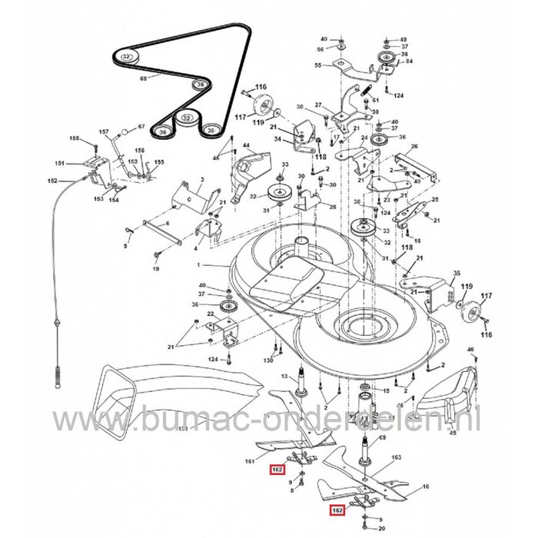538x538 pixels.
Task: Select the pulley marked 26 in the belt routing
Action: point(199,83)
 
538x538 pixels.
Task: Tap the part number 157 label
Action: point(105,132)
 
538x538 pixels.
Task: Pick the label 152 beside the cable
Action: point(52,181)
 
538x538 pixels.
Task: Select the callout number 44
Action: point(246,146)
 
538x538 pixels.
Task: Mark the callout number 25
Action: point(435,199)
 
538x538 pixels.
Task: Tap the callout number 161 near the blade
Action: point(248,461)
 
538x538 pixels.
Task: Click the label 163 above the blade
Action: point(397,457)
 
